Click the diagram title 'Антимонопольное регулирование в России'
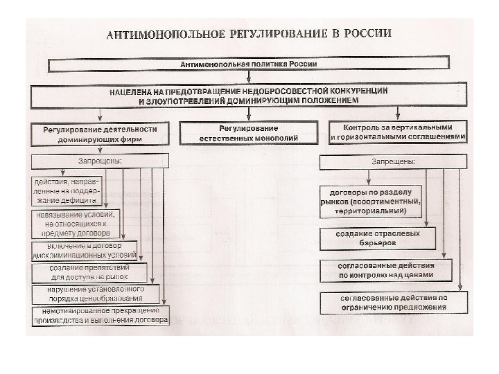[x=248, y=34]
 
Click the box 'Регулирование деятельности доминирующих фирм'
[x=100, y=134]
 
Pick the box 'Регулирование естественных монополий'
[x=248, y=134]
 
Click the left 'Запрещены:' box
[x=100, y=161]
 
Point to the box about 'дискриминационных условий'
[x=85, y=250]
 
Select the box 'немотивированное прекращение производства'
[x=100, y=316]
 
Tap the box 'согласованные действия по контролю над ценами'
[x=386, y=269]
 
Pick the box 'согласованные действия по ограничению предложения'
[x=393, y=302]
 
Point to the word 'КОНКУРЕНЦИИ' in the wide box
[x=353, y=91]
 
